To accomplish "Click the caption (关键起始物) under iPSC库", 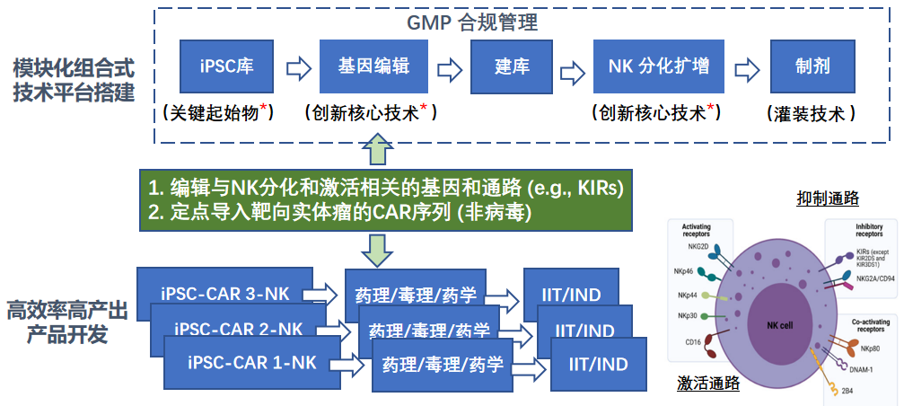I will pyautogui.click(x=218, y=113).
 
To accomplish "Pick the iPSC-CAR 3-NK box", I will pyautogui.click(x=224, y=294).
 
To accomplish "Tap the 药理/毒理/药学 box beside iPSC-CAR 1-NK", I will pyautogui.click(x=442, y=365).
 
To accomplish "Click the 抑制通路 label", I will pyautogui.click(x=827, y=197).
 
